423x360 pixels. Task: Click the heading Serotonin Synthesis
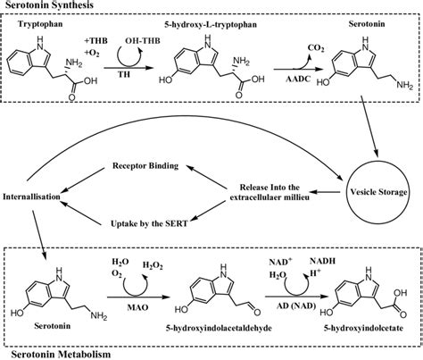48,6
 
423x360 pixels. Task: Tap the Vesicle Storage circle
370,190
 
